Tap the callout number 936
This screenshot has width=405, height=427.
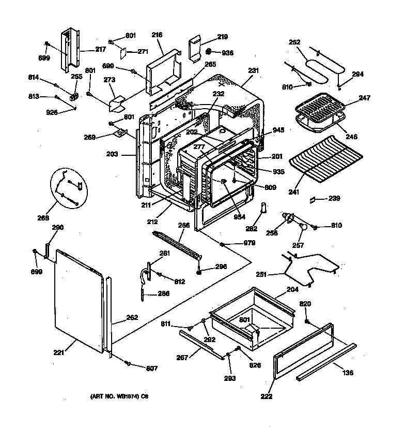coord(228,52)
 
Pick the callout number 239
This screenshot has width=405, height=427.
coord(335,198)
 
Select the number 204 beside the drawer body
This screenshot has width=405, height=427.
coord(292,291)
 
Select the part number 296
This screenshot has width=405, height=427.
coord(220,268)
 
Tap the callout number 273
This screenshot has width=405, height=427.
coord(109,80)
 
